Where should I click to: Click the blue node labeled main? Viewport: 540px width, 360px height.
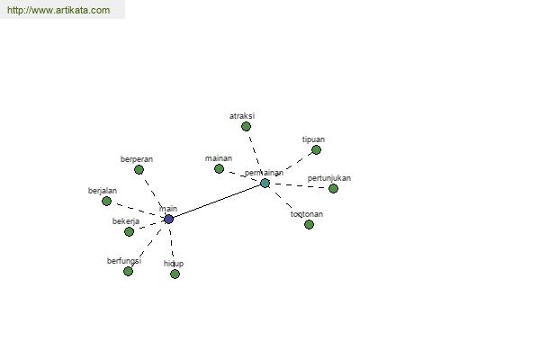[x=168, y=219]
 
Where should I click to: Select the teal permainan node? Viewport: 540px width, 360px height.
[x=265, y=184]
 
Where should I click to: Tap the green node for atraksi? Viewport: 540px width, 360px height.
[x=246, y=127]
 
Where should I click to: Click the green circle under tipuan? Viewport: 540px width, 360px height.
[x=316, y=150]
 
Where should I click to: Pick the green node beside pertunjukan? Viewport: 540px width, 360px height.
[x=333, y=188]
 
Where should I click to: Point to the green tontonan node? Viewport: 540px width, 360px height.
[x=309, y=225]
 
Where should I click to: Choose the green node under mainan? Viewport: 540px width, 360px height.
[x=219, y=169]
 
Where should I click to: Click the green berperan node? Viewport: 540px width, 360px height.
[x=139, y=169]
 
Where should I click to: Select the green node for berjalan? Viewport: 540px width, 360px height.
[x=107, y=201]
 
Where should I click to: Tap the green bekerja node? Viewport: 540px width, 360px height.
[x=129, y=231]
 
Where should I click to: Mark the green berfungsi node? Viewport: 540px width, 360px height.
[x=128, y=272]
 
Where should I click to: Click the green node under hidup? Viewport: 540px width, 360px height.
[x=175, y=274]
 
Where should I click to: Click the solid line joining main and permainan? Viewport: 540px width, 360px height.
[x=217, y=202]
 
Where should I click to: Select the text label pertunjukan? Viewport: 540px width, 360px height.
[x=329, y=178]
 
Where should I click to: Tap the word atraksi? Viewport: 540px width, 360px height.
[x=242, y=116]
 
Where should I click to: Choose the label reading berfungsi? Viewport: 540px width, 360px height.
[x=124, y=261]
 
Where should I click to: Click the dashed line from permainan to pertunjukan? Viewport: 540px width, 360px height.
[x=299, y=186]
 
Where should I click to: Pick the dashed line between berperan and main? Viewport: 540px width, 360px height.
[x=154, y=194]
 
